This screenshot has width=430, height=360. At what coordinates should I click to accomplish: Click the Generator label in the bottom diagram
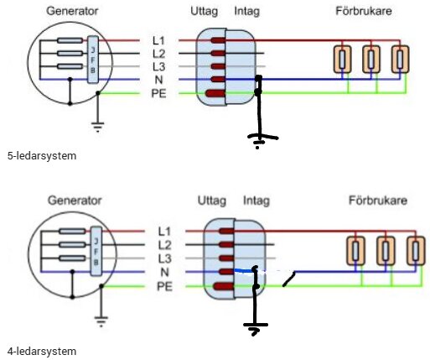74,201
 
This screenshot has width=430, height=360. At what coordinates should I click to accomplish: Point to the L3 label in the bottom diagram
164,258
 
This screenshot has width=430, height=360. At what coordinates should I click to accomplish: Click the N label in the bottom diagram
164,272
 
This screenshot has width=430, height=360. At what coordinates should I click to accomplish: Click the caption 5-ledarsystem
35,156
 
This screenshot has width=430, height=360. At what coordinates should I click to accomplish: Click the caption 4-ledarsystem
35,351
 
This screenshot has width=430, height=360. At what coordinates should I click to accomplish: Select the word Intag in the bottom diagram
256,201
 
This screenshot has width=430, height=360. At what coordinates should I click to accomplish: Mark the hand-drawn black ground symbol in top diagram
260,138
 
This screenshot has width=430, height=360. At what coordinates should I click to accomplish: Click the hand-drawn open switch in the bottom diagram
288,278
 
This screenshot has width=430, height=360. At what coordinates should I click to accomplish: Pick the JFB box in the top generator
94,58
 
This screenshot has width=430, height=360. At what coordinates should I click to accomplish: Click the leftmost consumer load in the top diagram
342,59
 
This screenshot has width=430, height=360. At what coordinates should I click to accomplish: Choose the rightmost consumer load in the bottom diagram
412,251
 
